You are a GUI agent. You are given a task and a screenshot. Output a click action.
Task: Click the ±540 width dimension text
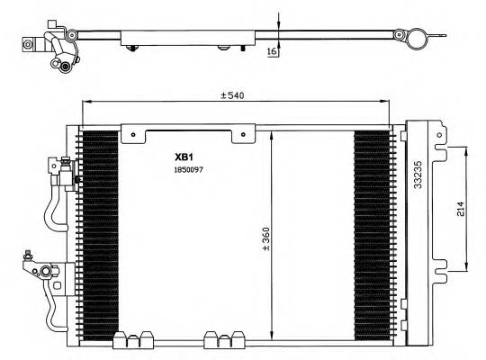click(x=236, y=95)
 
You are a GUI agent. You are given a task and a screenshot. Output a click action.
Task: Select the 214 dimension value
click(x=459, y=210)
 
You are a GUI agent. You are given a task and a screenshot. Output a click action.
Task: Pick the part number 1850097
click(x=191, y=168)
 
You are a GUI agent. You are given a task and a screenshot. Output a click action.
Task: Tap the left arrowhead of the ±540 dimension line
click(x=85, y=102)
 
